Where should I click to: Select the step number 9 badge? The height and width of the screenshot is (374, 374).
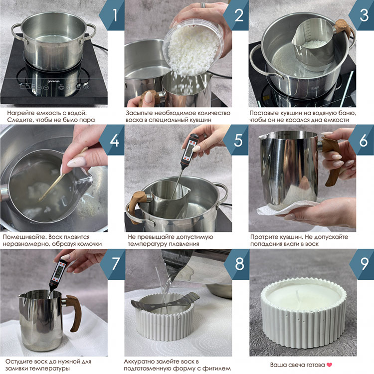[362, 264]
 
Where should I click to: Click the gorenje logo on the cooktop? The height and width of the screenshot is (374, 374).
[53, 81]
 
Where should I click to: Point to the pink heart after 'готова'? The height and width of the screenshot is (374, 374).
[329, 365]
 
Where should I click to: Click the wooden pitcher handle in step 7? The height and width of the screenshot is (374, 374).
[73, 313]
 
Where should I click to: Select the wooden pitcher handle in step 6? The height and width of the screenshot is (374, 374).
[332, 160]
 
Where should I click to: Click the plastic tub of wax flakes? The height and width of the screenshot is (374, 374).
[192, 48]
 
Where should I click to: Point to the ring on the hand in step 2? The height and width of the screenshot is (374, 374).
[203, 5]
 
